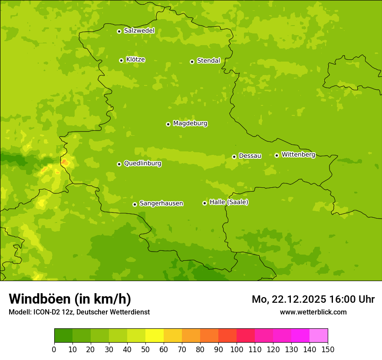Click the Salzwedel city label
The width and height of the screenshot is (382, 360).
click(x=139, y=31)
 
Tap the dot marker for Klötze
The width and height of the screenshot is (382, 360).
click(x=121, y=60)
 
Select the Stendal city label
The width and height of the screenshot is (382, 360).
click(x=208, y=61)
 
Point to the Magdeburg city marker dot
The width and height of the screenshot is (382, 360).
click(x=168, y=124)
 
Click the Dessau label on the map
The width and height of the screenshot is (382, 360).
click(x=250, y=156)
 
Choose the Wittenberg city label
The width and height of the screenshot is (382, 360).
click(x=298, y=154)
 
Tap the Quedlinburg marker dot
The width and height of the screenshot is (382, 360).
click(x=119, y=164)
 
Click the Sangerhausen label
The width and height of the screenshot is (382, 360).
click(x=161, y=203)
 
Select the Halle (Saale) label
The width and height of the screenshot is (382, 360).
click(x=229, y=202)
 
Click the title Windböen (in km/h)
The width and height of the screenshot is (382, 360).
click(x=70, y=299)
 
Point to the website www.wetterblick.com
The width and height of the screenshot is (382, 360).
click(x=313, y=312)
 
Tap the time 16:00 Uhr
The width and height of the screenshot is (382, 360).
click(x=354, y=299)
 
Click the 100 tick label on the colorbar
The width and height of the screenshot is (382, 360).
click(x=237, y=349)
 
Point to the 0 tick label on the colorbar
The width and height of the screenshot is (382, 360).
click(x=54, y=349)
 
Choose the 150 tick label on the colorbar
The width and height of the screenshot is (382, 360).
click(x=328, y=349)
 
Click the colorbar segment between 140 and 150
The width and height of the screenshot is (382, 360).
click(x=319, y=336)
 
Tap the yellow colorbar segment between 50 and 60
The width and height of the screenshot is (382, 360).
click(x=155, y=336)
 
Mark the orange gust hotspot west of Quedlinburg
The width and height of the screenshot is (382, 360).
click(x=65, y=162)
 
